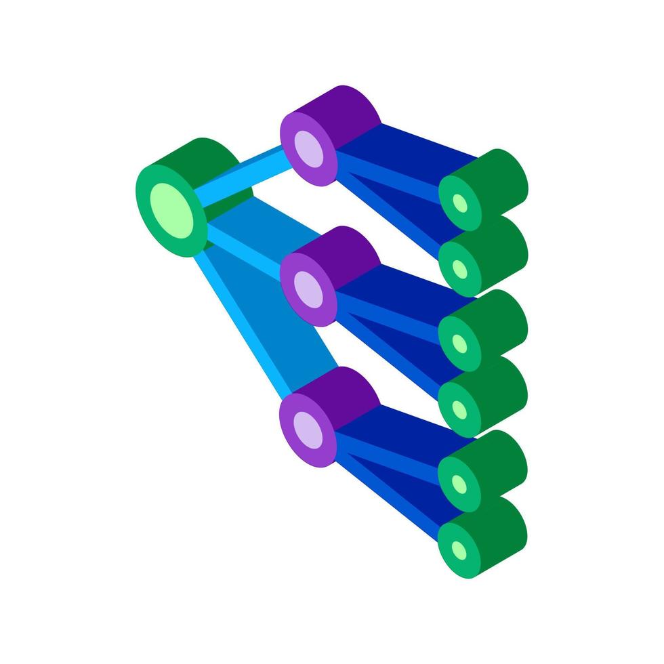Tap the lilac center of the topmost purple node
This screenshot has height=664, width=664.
point(309,148)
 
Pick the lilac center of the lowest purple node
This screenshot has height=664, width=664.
point(309,429)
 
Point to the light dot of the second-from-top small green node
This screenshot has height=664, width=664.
point(460,270)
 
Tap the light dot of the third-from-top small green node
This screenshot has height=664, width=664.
point(460,344)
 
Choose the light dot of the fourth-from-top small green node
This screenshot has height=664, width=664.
point(460,410)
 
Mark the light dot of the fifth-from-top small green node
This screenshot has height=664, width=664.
point(460,484)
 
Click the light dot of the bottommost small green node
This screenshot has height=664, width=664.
point(460,549)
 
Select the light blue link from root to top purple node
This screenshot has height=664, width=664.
point(244,178)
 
